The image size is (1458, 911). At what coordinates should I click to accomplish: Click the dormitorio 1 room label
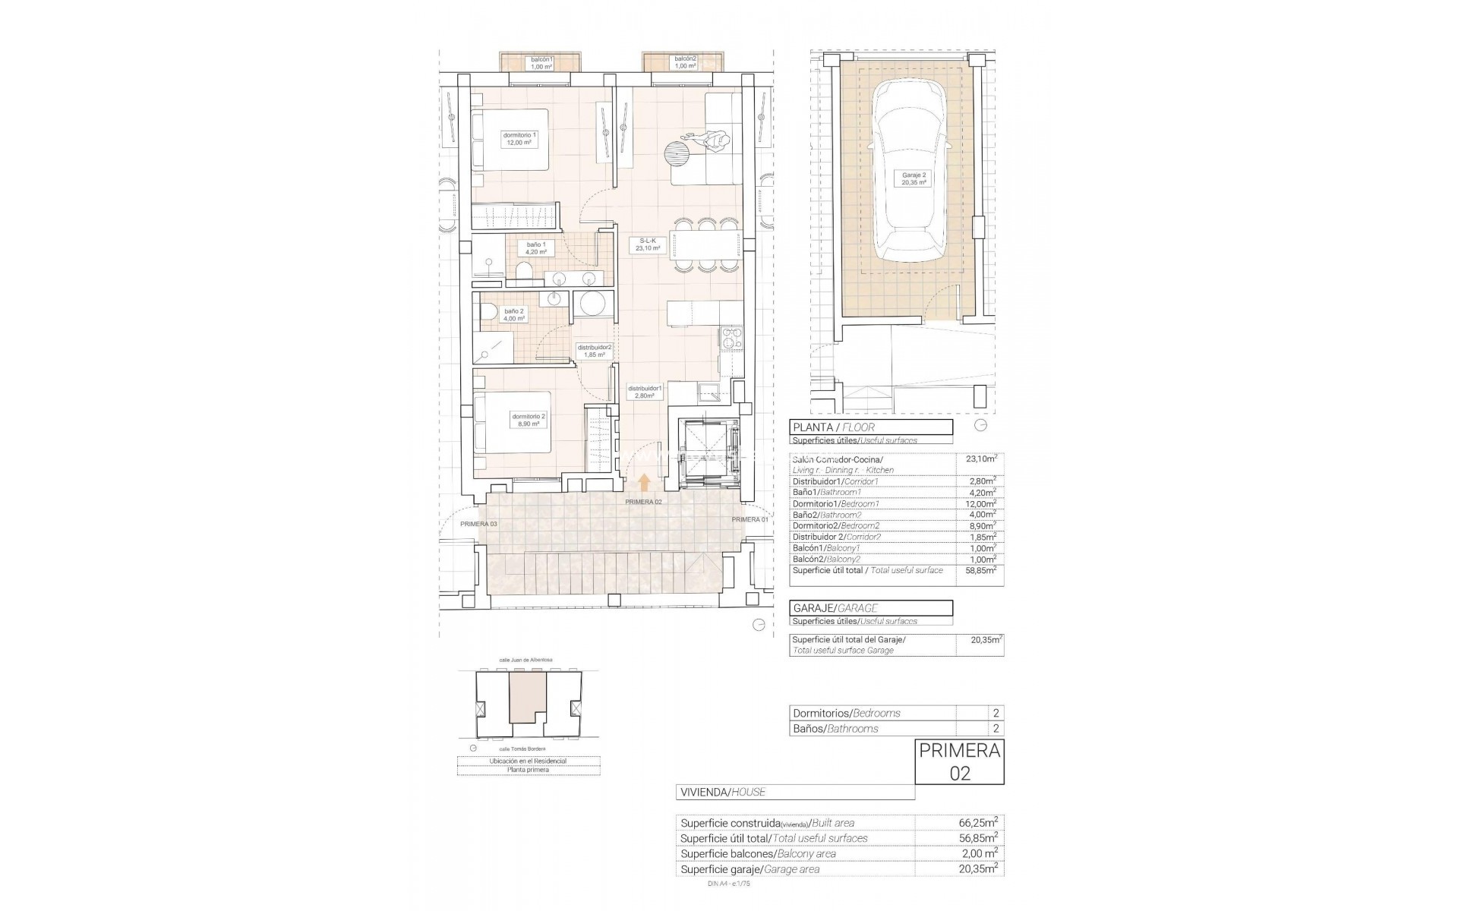click(519, 138)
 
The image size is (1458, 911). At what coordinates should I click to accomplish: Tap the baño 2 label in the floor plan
click(514, 315)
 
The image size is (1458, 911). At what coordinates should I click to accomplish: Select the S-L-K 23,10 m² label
click(647, 244)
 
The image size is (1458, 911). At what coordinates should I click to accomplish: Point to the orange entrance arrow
click(644, 483)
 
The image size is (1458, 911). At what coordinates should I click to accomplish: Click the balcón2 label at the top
click(685, 62)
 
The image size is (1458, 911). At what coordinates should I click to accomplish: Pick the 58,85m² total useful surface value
click(981, 570)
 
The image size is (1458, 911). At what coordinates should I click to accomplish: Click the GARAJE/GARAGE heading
click(835, 608)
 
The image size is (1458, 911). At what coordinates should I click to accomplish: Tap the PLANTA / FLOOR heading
click(833, 427)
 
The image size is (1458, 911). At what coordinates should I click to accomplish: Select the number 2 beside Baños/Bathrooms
click(996, 729)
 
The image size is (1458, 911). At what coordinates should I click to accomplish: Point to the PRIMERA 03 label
click(478, 524)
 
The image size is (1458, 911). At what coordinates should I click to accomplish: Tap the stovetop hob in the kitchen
click(731, 339)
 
